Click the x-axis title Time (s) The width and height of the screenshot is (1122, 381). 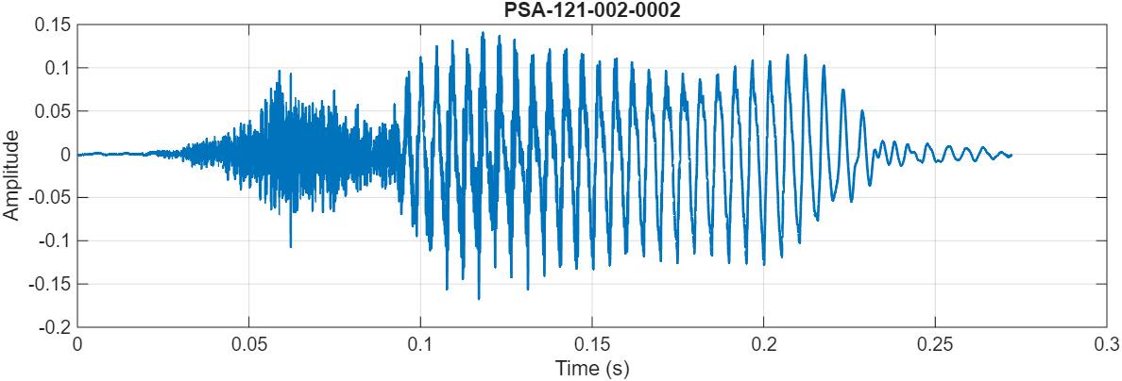[592, 368]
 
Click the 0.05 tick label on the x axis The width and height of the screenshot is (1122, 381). [249, 344]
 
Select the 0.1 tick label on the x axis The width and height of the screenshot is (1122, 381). [421, 344]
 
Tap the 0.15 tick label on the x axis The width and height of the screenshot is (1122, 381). [592, 344]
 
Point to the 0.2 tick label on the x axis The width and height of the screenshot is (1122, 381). [764, 344]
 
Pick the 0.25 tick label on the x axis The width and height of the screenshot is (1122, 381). [935, 344]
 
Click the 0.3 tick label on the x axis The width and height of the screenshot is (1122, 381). [1107, 344]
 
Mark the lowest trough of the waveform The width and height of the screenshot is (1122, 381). [479, 299]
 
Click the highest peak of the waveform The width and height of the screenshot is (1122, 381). [483, 32]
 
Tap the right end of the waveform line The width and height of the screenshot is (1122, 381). [1011, 155]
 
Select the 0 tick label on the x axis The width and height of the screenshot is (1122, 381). [77, 344]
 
